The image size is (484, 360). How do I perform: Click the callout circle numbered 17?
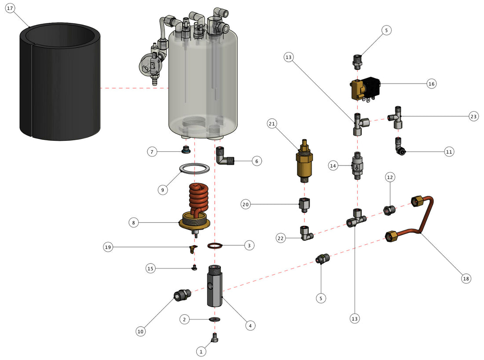(x=10, y=8)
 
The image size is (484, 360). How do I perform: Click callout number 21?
(x=271, y=124)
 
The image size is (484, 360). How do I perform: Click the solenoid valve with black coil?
(x=364, y=88)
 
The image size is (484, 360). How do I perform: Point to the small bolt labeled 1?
(x=215, y=338)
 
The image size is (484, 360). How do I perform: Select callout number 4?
(x=249, y=326)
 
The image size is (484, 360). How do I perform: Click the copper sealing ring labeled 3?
(x=214, y=245)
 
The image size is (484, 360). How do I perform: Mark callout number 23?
(x=473, y=116)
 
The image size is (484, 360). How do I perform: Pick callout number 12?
(x=390, y=177)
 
